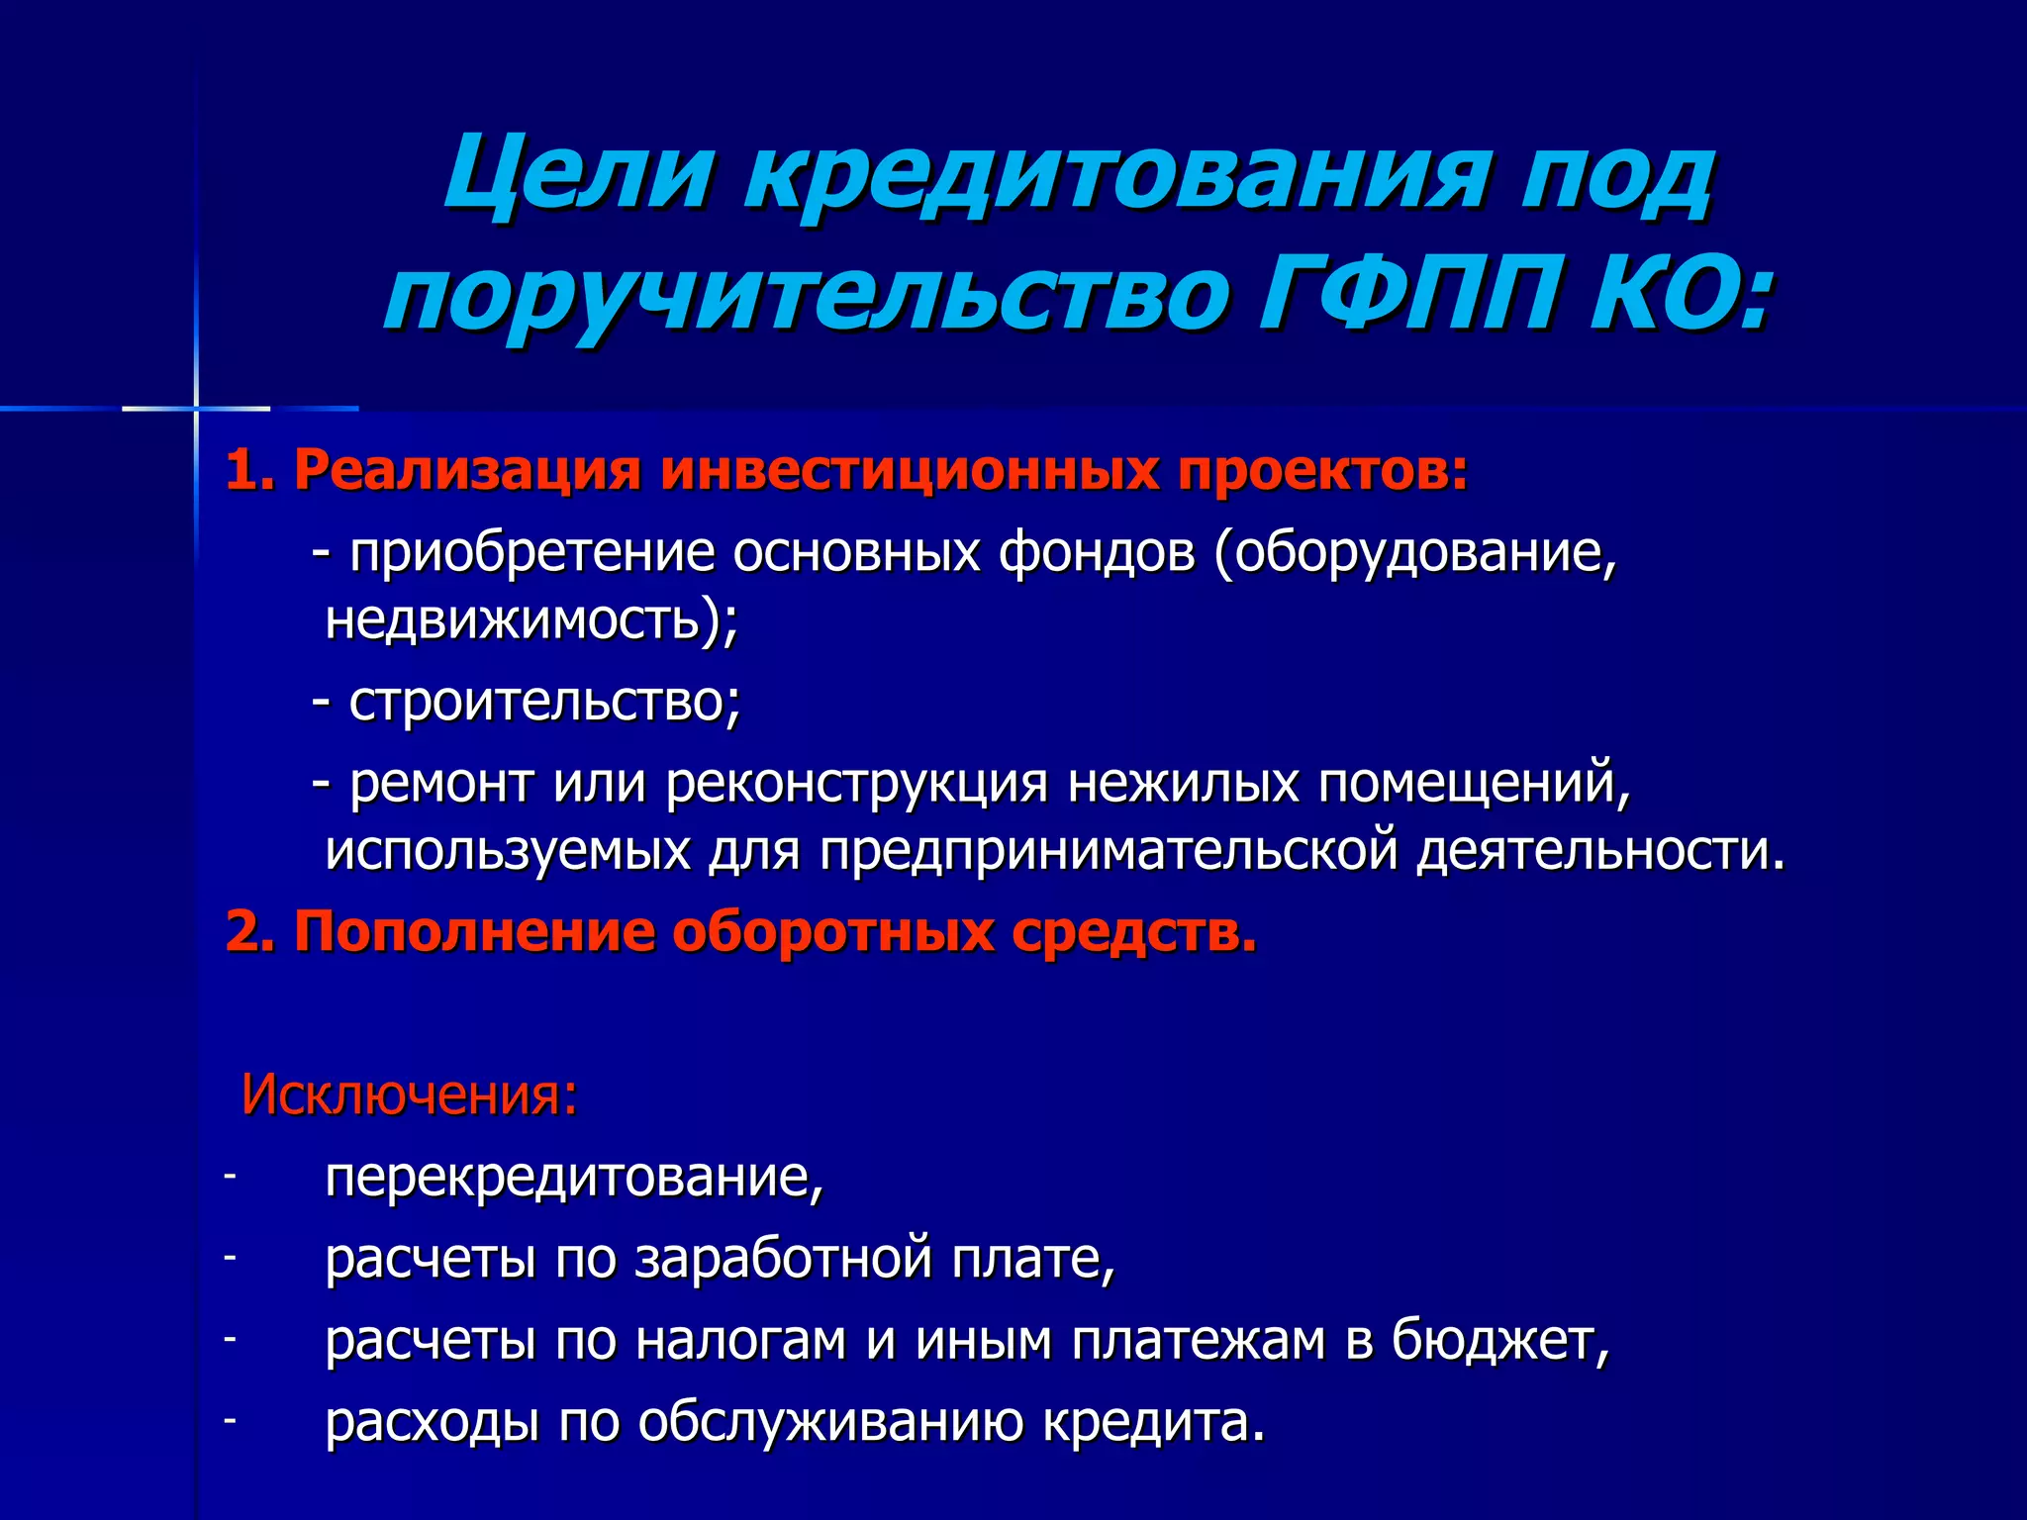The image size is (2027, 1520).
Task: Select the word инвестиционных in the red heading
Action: [x=911, y=470]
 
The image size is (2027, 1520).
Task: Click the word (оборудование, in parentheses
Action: [x=1416, y=552]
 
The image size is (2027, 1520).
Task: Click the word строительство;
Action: [x=544, y=702]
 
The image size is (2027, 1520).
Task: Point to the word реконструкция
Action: [x=857, y=784]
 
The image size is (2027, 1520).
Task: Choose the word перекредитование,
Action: [x=574, y=1178]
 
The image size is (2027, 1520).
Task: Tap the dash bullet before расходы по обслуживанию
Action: [x=230, y=1420]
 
